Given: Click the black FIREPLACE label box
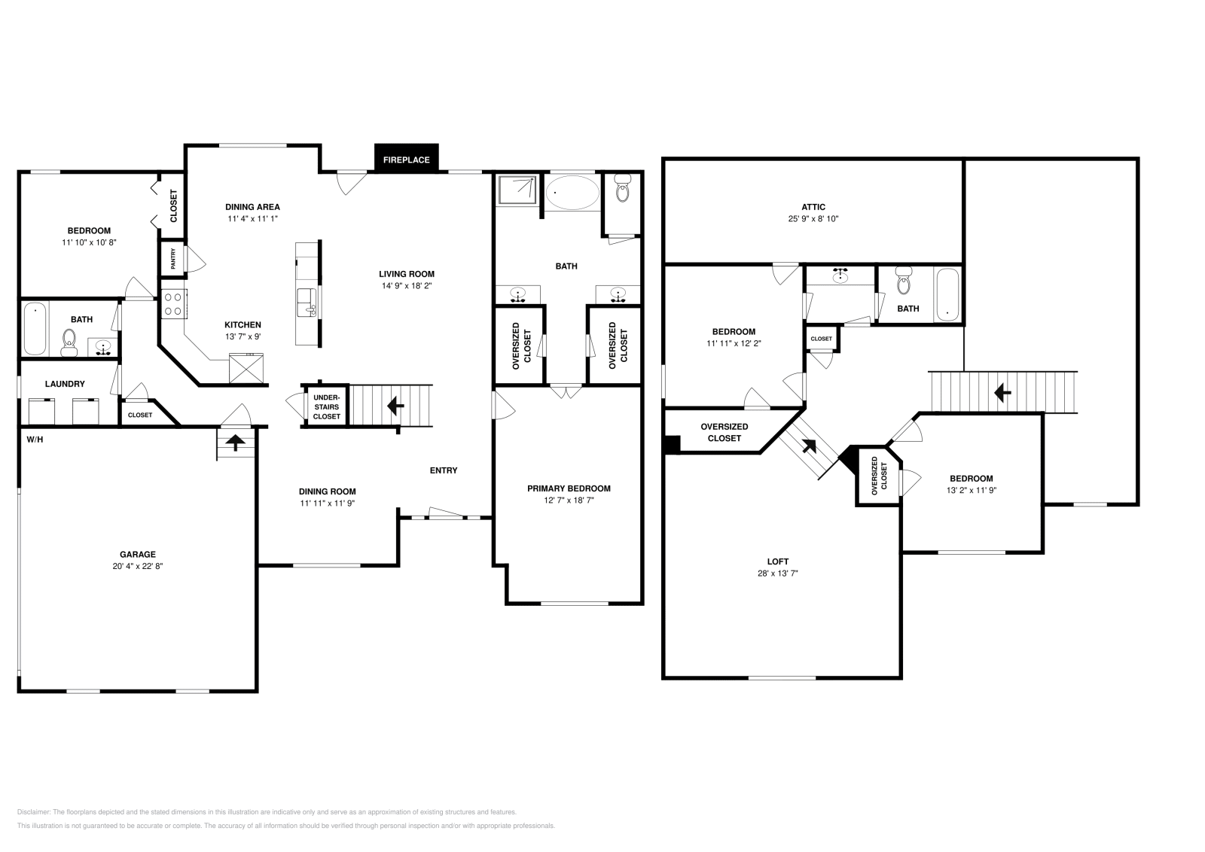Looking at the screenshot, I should coord(406,160).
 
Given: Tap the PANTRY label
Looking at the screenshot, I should coord(173,258).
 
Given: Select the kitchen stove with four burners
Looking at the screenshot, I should coord(174,303).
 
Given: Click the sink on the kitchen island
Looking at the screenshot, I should coord(307,301).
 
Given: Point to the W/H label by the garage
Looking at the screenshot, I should coord(35,439).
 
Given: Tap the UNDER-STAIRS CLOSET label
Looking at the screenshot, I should coord(326,406).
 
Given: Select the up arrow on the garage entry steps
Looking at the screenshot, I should coord(235,443).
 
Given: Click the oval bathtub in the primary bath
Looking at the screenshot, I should coord(572,193).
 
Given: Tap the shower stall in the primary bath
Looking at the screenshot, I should coord(517,189).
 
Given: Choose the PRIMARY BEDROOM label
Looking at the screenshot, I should coord(569,488).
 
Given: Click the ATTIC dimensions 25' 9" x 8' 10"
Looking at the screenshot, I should coord(813,219).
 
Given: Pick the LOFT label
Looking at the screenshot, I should coord(778,561).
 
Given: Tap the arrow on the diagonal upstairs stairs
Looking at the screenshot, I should coord(810,446).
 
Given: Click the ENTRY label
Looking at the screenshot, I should coord(444,470).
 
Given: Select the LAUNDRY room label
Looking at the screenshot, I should coord(65,384).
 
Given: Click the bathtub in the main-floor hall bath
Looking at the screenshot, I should coord(35,329).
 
